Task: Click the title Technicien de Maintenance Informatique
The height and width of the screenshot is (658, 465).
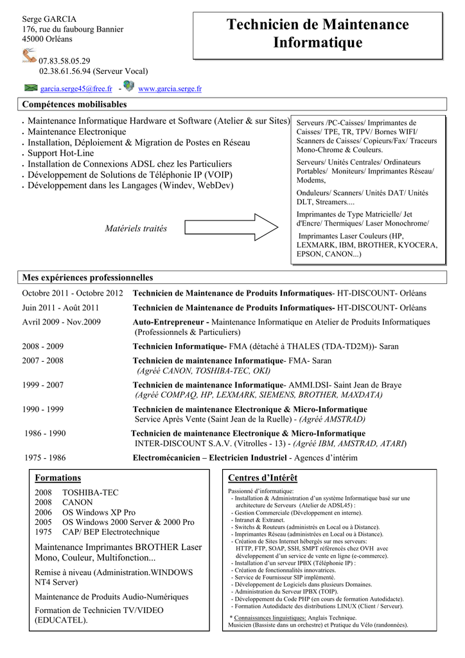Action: coord(317,34)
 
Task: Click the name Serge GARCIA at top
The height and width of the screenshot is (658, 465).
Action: coord(49,19)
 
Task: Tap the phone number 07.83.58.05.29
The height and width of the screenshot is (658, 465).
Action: coord(65,61)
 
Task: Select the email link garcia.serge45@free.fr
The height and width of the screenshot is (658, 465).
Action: coord(76,89)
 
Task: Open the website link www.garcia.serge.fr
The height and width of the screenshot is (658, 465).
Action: coord(170,89)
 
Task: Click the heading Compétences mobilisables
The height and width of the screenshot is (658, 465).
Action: coord(75,104)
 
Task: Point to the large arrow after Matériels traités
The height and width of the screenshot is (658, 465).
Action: coord(231,226)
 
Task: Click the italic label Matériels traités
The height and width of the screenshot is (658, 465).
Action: coord(136,229)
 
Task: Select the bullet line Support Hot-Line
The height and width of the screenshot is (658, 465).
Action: coord(61,153)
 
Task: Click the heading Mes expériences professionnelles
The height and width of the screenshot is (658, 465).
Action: coord(88,278)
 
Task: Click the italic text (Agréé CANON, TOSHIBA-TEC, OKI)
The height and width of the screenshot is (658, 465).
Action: coord(203,371)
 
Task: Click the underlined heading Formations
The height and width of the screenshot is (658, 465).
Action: coord(57,478)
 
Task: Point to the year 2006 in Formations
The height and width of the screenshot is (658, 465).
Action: coord(42,512)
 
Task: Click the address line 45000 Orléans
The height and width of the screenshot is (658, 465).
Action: coord(48,39)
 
